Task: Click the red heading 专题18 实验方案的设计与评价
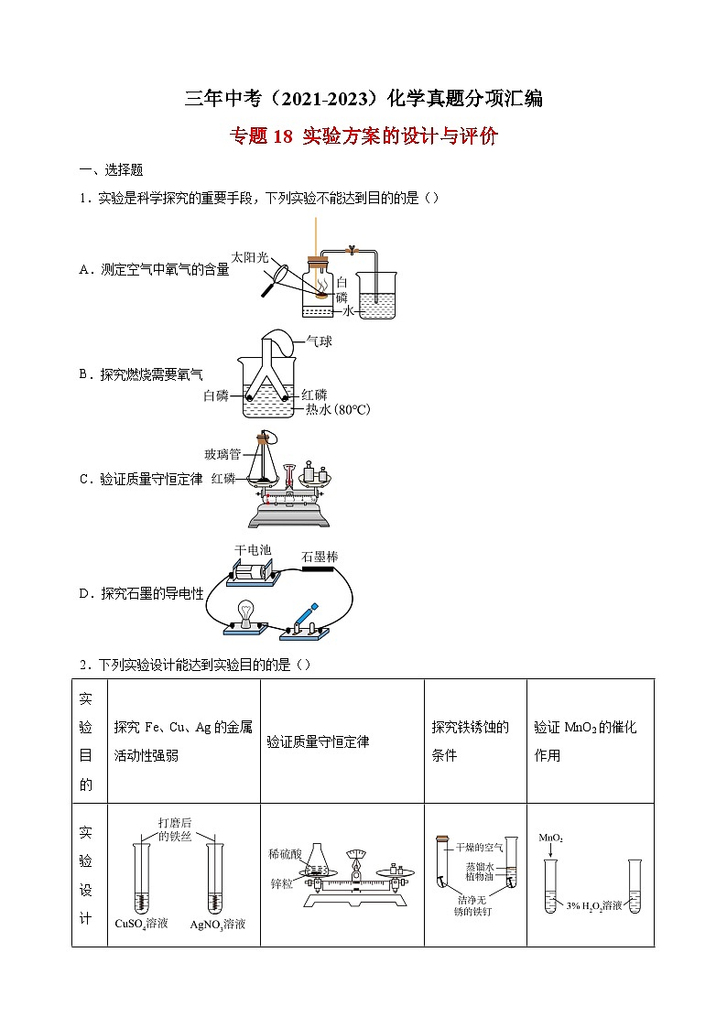pos(363,137)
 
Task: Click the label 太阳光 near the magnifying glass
pos(249,257)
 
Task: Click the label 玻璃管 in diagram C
pos(222,454)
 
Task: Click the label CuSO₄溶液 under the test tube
pos(141,924)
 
